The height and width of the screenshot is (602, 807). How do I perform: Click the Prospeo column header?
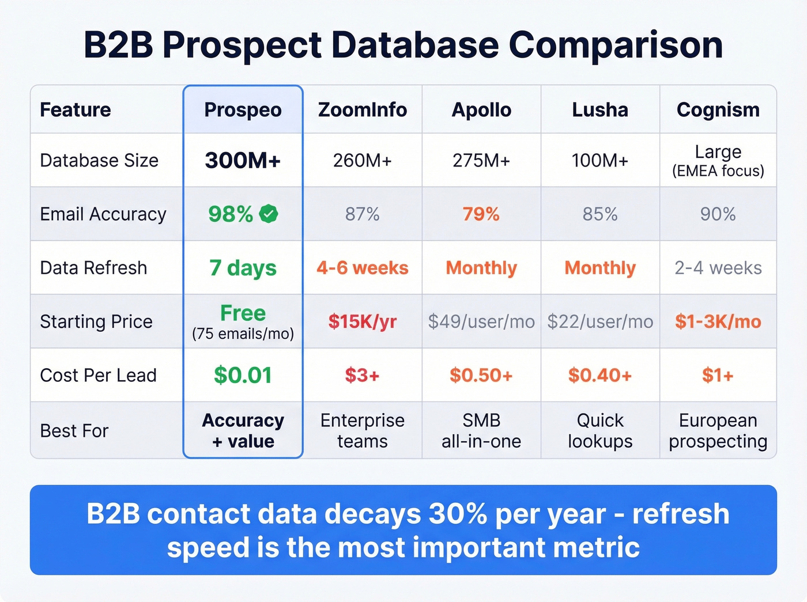[x=243, y=109]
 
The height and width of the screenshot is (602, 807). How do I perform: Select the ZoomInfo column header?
[x=362, y=109]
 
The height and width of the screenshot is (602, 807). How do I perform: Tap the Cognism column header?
[x=718, y=109]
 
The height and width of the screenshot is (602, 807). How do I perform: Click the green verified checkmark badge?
[x=269, y=214]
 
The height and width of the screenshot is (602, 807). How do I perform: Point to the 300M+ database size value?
[x=243, y=160]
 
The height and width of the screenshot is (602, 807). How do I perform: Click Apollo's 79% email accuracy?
[x=481, y=214]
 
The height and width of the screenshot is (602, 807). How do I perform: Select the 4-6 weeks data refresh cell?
[x=362, y=268]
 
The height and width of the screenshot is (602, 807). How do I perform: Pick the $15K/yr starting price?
[x=362, y=321]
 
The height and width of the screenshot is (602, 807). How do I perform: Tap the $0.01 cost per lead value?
[x=243, y=375]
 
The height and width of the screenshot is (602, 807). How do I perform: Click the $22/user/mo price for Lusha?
[x=600, y=321]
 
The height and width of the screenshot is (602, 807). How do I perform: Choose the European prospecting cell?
[x=718, y=430]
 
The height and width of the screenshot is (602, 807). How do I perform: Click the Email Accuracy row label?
[x=103, y=214]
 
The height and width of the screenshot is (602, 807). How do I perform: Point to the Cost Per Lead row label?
[x=98, y=375]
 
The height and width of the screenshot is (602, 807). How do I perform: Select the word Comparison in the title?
[x=616, y=45]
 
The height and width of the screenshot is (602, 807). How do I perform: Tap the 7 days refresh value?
[x=243, y=268]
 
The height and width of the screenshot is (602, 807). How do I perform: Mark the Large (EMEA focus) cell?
[x=718, y=160]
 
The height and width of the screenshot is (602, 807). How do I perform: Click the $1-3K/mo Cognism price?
[x=718, y=321]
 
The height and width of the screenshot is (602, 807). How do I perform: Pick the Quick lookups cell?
[x=600, y=430]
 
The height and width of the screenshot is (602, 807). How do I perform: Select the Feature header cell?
[x=76, y=109]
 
